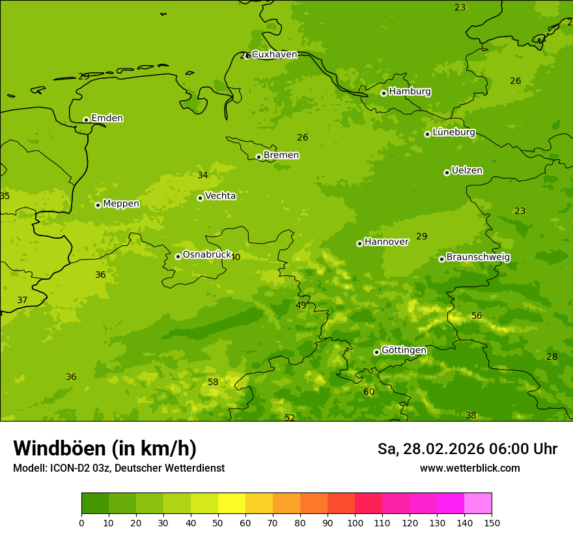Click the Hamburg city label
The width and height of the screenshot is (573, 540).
click(410, 92)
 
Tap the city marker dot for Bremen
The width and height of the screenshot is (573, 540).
click(259, 157)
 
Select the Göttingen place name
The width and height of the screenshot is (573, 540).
click(404, 350)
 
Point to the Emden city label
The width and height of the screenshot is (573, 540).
click(107, 118)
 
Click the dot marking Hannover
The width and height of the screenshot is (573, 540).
click(359, 243)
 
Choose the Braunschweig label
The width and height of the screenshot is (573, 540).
click(478, 258)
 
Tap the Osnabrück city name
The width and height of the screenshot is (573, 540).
click(207, 255)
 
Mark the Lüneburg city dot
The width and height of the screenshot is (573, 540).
click(427, 134)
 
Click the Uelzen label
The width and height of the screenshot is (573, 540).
click(467, 170)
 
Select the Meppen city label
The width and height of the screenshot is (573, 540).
click(121, 204)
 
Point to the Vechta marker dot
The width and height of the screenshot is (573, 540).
click(200, 198)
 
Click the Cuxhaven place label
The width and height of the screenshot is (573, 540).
click(274, 55)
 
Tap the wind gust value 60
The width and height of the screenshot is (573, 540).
click(369, 392)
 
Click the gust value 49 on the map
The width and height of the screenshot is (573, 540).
click(301, 305)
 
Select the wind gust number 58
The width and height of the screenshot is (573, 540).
click(213, 382)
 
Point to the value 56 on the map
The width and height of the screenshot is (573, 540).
click(477, 316)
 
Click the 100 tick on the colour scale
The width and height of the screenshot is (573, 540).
click(355, 522)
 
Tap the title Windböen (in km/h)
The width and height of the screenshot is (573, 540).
click(105, 448)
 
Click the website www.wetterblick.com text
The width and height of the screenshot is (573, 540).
click(469, 468)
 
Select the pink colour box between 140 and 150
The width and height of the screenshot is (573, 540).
click(478, 503)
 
